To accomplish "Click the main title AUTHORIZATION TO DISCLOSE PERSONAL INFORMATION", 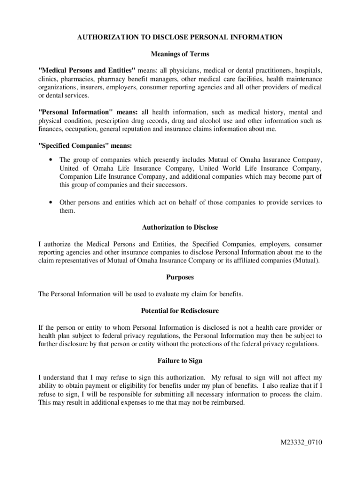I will (x=180, y=37).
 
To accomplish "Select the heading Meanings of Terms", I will (x=180, y=54).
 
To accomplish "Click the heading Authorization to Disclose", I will (x=180, y=227).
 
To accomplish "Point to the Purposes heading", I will (x=180, y=277).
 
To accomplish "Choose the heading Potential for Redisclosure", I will (x=180, y=311).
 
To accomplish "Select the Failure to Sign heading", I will (x=180, y=361).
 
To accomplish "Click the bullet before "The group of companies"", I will (x=50, y=160).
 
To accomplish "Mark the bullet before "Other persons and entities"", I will (x=50, y=203).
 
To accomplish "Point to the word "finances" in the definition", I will (x=50, y=129).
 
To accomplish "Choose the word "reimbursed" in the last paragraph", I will (x=227, y=402).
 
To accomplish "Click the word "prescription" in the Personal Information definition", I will (x=109, y=121).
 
